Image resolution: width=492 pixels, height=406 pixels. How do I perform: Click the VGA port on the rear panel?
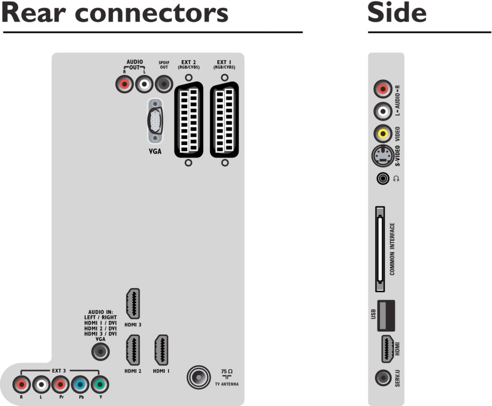(x=155, y=121)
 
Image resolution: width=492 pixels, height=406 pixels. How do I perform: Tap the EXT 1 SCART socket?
(x=224, y=120)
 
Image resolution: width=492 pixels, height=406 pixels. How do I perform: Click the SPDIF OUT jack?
(x=164, y=84)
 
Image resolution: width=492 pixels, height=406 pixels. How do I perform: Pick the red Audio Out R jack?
(x=124, y=84)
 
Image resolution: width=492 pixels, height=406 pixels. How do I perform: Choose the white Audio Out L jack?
(x=144, y=84)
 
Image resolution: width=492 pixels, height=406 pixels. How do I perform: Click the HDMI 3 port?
(x=133, y=304)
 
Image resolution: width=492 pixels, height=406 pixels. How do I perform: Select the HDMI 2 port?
(x=133, y=350)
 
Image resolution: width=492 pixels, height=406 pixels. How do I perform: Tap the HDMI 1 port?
(x=161, y=350)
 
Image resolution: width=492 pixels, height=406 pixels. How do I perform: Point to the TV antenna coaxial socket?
(x=199, y=377)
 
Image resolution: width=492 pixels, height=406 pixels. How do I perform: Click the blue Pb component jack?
(x=80, y=384)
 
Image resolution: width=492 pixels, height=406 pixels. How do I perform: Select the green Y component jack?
(x=100, y=384)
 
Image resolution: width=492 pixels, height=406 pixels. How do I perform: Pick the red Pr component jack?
(x=60, y=384)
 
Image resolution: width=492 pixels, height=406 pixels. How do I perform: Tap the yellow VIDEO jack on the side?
(x=383, y=133)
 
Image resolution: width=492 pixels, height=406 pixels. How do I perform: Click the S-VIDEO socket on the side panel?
(x=382, y=156)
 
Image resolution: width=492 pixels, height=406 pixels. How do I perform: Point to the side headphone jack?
(x=383, y=178)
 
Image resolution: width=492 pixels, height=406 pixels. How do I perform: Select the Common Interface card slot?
(x=380, y=249)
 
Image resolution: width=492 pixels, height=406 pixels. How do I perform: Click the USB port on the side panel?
(x=386, y=315)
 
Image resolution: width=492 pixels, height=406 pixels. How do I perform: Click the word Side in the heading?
(x=397, y=13)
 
